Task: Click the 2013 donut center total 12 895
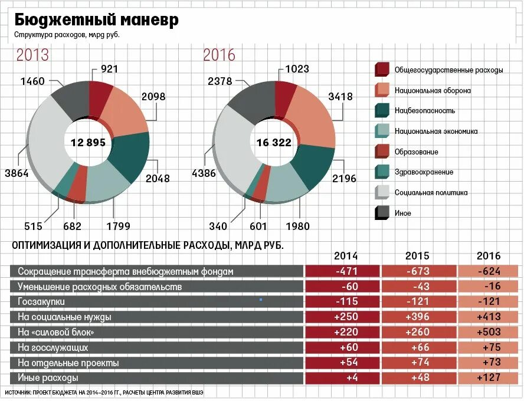88,142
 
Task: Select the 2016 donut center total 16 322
275,142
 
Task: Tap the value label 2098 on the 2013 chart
153,97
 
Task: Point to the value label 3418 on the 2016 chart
340,97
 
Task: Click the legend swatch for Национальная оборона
382,90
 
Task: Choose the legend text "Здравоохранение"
424,172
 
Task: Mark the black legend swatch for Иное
382,213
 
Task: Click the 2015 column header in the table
417,256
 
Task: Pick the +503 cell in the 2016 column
489,332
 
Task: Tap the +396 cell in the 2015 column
417,317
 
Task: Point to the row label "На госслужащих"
53,347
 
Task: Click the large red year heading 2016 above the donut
219,55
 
